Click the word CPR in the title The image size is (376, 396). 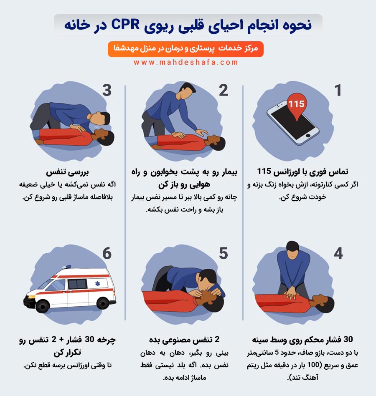[x=125, y=25]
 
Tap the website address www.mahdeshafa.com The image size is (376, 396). [x=186, y=62]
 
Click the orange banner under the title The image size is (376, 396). [x=185, y=49]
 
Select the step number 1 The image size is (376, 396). [x=338, y=90]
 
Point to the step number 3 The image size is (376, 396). [x=107, y=90]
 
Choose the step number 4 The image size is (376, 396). [x=338, y=253]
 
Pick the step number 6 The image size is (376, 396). [x=107, y=253]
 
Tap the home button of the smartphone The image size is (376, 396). [x=308, y=136]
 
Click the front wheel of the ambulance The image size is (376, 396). [x=43, y=306]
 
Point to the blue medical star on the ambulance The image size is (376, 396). [x=97, y=284]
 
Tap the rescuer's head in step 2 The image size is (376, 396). [x=187, y=91]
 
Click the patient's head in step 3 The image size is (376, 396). [x=105, y=136]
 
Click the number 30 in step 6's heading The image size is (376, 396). [x=89, y=339]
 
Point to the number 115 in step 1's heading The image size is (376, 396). [x=264, y=171]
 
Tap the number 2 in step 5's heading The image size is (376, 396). [x=217, y=339]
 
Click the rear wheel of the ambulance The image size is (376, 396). [x=103, y=303]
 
